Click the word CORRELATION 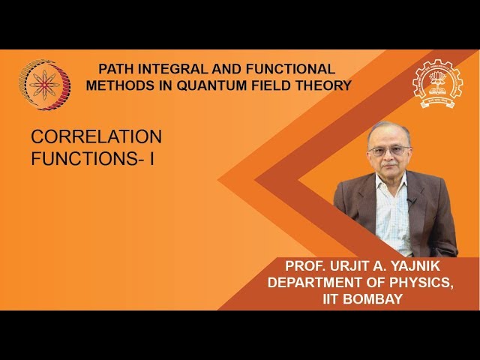click(96, 136)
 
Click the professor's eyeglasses click(388, 150)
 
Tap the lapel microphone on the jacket click(410, 200)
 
